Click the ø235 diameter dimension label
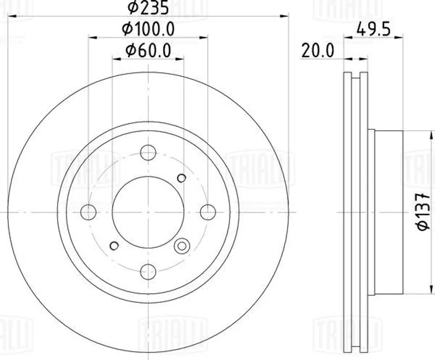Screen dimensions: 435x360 pyautogui.click(x=148, y=7)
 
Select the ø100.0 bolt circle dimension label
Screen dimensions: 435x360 pyautogui.click(x=148, y=29)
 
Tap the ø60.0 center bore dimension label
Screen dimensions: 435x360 pyautogui.click(x=148, y=51)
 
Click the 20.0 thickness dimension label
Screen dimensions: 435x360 pyautogui.click(x=318, y=51)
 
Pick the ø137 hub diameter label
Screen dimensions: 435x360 pyautogui.click(x=424, y=212)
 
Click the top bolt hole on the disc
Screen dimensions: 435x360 pyautogui.click(x=148, y=153)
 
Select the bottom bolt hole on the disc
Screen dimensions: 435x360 pyautogui.click(x=148, y=272)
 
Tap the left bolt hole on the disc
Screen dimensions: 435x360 pyautogui.click(x=88, y=212)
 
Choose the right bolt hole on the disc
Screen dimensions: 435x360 pyautogui.click(x=208, y=212)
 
